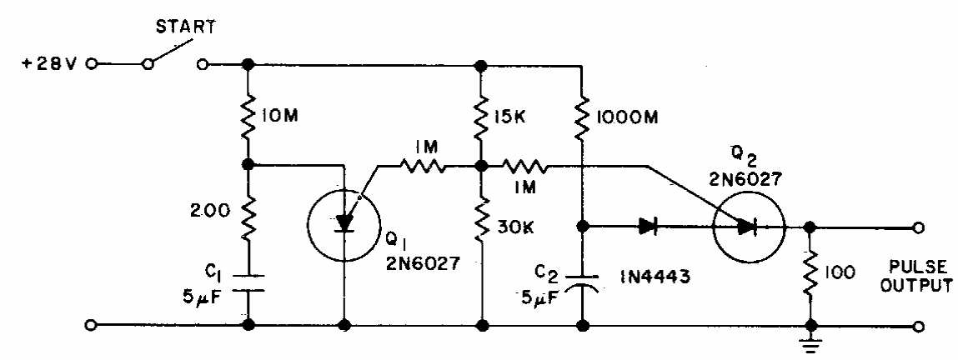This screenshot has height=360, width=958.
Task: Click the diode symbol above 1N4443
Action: (648, 224)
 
